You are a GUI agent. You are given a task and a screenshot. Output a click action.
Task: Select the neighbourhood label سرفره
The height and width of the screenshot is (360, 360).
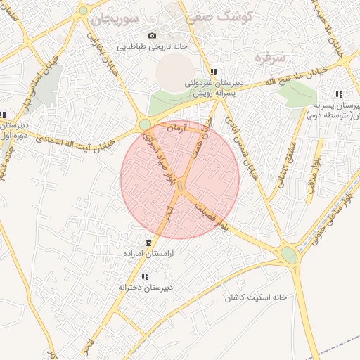pyautogui.click(x=270, y=56)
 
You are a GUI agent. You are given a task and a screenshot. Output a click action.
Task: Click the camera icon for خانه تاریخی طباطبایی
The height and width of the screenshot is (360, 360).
pyautogui.click(x=151, y=36)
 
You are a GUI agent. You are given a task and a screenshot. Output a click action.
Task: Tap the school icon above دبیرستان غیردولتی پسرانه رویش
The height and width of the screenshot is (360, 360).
pyautogui.click(x=214, y=72)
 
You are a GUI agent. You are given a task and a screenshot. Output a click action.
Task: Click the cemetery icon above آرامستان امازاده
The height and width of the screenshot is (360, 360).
pyautogui.click(x=147, y=243)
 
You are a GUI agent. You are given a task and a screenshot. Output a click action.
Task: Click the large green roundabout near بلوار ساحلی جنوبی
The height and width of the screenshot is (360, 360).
pyautogui.click(x=289, y=255)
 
